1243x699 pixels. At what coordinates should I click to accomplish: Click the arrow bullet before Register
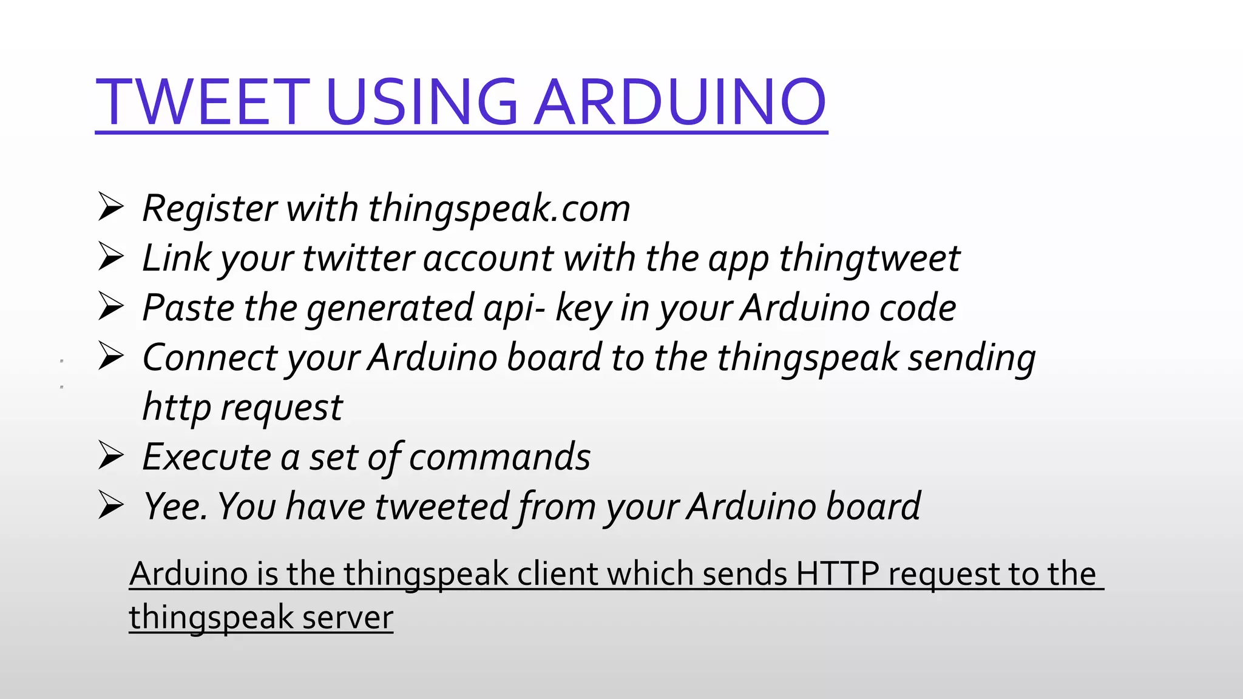[x=111, y=208]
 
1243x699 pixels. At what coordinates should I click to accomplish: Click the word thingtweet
[x=869, y=258]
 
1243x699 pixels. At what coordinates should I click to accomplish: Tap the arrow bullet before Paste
[x=111, y=307]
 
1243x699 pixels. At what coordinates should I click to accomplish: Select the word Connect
[x=209, y=357]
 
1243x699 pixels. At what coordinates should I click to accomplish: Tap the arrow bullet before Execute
[x=111, y=456]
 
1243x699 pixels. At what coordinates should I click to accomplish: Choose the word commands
[x=499, y=457]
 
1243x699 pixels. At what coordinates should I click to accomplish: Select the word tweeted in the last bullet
[x=442, y=507]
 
